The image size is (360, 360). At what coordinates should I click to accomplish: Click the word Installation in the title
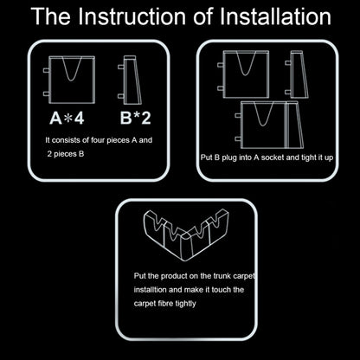pos(273,16)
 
